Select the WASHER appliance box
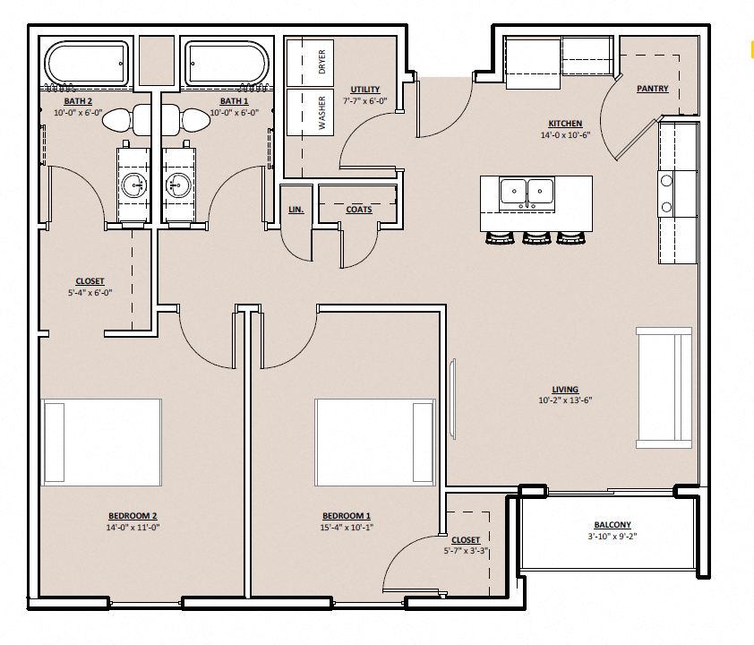pyautogui.click(x=310, y=113)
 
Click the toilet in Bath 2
pyautogui.click(x=125, y=117)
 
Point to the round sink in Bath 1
pyautogui.click(x=176, y=186)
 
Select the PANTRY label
pyautogui.click(x=652, y=89)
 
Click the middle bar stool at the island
pyautogui.click(x=536, y=238)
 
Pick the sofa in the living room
pyautogui.click(x=664, y=387)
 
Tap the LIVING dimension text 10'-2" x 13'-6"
pyautogui.click(x=564, y=400)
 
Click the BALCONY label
pyautogui.click(x=613, y=525)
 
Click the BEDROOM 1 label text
pyautogui.click(x=346, y=516)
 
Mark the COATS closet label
pyautogui.click(x=359, y=210)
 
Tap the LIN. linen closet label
pyautogui.click(x=296, y=210)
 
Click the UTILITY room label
pyautogui.click(x=365, y=90)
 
